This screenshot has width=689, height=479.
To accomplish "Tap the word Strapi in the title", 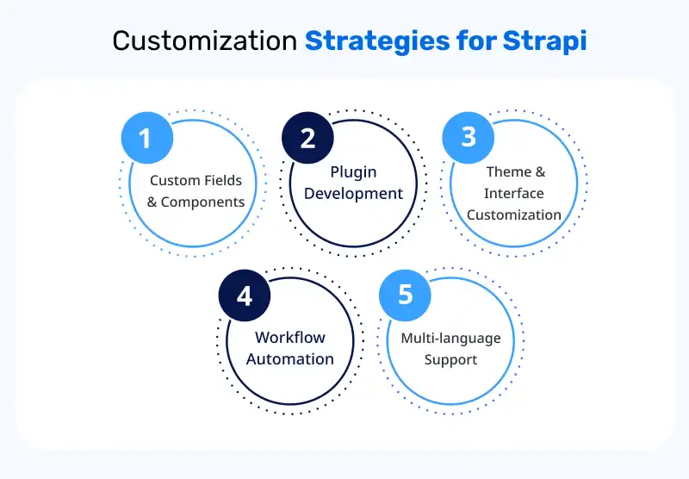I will point(552,41).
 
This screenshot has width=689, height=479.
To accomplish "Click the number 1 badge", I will point(146,138).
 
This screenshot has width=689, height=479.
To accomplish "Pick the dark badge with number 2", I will point(307,138).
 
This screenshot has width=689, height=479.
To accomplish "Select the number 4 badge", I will point(245,295).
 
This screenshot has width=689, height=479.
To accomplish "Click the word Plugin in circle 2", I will point(353,171).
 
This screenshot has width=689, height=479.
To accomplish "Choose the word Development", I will point(353,193).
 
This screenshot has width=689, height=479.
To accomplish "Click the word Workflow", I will point(290,337).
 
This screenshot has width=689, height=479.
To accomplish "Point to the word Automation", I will point(290,358).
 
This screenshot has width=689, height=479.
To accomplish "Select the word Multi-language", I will point(450,338).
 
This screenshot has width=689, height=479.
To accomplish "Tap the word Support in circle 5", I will point(450,359).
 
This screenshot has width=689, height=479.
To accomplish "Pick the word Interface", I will point(514,193).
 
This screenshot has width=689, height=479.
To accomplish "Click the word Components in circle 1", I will point(202,202).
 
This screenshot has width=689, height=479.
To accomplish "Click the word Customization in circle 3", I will point(514,215).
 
